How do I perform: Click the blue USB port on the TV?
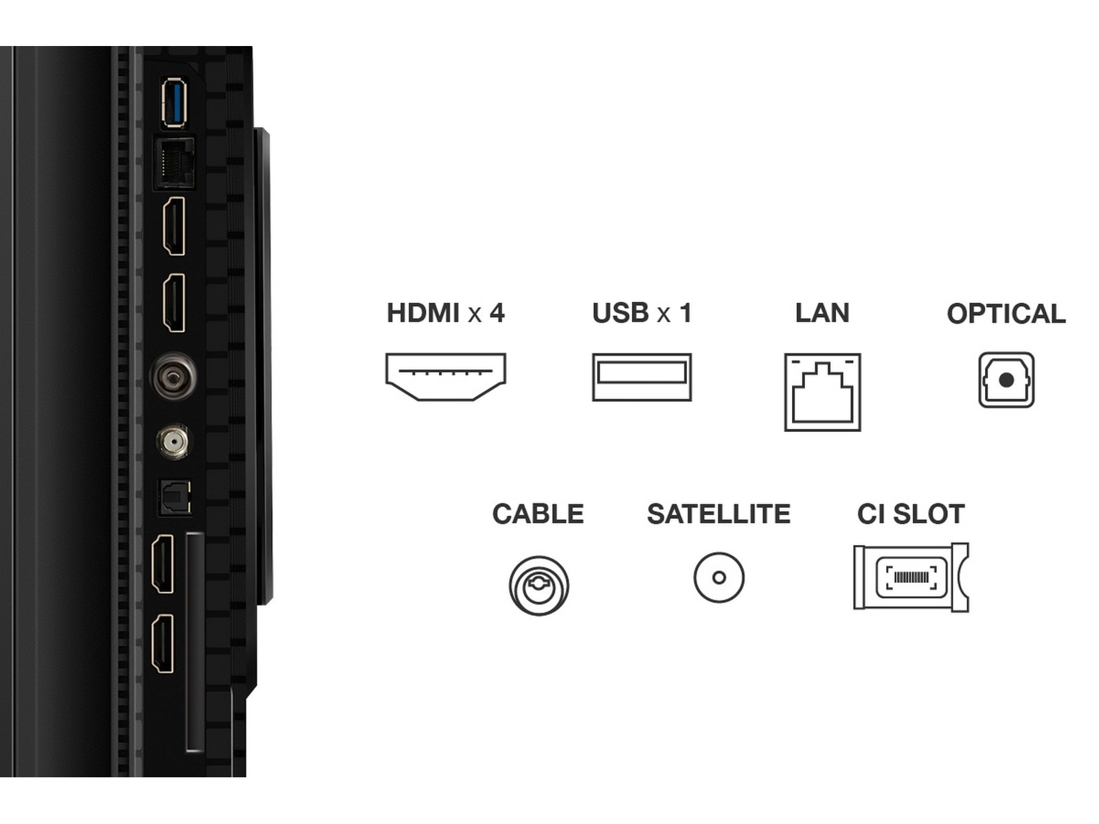[174, 102]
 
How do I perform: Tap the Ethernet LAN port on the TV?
[174, 162]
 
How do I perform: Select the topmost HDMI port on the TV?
[174, 226]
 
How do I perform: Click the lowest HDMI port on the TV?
[163, 644]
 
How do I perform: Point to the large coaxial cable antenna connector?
[173, 375]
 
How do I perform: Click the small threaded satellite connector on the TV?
[172, 442]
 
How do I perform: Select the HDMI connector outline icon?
[446, 377]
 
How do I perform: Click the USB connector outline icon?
[642, 377]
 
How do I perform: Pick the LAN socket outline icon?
[823, 391]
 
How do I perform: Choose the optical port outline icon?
[1006, 380]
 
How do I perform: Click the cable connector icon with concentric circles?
[539, 585]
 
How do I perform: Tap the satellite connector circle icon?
[719, 577]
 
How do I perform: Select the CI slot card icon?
[911, 577]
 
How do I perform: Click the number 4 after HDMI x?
[497, 313]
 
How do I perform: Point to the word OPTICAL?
[1006, 314]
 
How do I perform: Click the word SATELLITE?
[719, 514]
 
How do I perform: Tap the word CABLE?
[539, 514]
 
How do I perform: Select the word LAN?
[823, 313]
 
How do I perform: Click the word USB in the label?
[620, 313]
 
